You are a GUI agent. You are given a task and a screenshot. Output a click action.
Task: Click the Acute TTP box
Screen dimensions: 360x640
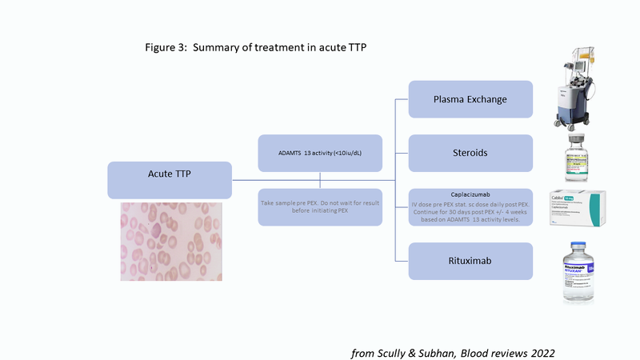[170, 179]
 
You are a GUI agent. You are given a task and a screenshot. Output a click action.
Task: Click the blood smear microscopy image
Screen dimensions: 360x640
[170, 241]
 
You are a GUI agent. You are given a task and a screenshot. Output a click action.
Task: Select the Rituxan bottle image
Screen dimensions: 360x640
[578, 274]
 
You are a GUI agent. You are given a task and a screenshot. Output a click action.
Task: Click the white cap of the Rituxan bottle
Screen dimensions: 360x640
[578, 248]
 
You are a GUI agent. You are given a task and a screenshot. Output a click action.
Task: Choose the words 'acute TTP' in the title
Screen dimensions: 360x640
[341, 47]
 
